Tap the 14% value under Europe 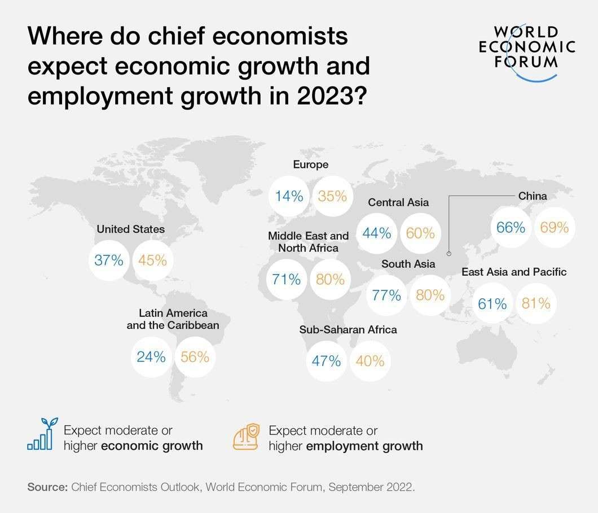click(x=289, y=196)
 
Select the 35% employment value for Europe click(x=332, y=196)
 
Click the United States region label click(x=130, y=229)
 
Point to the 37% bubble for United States click(x=109, y=260)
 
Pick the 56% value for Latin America click(x=195, y=357)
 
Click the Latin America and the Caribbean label click(x=173, y=319)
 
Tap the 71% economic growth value click(x=287, y=279)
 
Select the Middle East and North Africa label click(x=308, y=242)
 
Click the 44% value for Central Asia click(x=377, y=233)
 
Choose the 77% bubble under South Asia click(x=386, y=295)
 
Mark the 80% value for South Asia click(x=430, y=295)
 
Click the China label click(x=533, y=196)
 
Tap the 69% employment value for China click(x=555, y=228)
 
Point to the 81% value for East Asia click(x=536, y=303)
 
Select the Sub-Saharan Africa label click(x=348, y=329)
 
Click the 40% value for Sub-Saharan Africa click(x=370, y=361)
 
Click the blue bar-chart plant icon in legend click(x=41, y=434)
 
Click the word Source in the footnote click(x=47, y=488)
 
